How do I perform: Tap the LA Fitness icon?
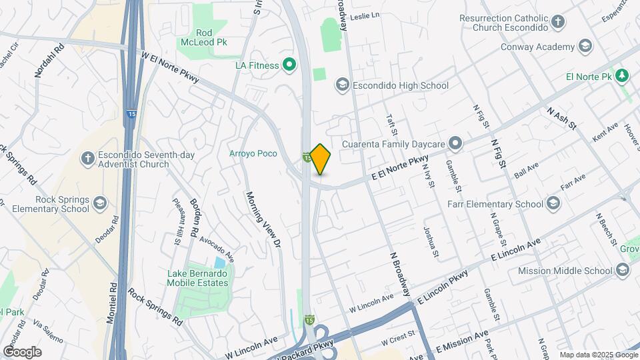click(289, 65)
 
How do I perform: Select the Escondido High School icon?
click(342, 85)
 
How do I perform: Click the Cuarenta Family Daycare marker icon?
click(456, 143)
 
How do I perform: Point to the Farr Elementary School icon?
click(553, 203)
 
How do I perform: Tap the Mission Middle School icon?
click(623, 270)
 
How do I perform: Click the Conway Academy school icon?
click(585, 46)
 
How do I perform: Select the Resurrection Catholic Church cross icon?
click(559, 21)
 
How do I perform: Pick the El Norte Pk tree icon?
click(621, 75)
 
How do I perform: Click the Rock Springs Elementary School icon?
click(99, 203)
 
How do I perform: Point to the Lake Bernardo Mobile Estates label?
click(197, 278)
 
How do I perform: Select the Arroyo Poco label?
click(253, 153)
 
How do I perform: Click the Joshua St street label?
click(431, 241)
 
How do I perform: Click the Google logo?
click(22, 351)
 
